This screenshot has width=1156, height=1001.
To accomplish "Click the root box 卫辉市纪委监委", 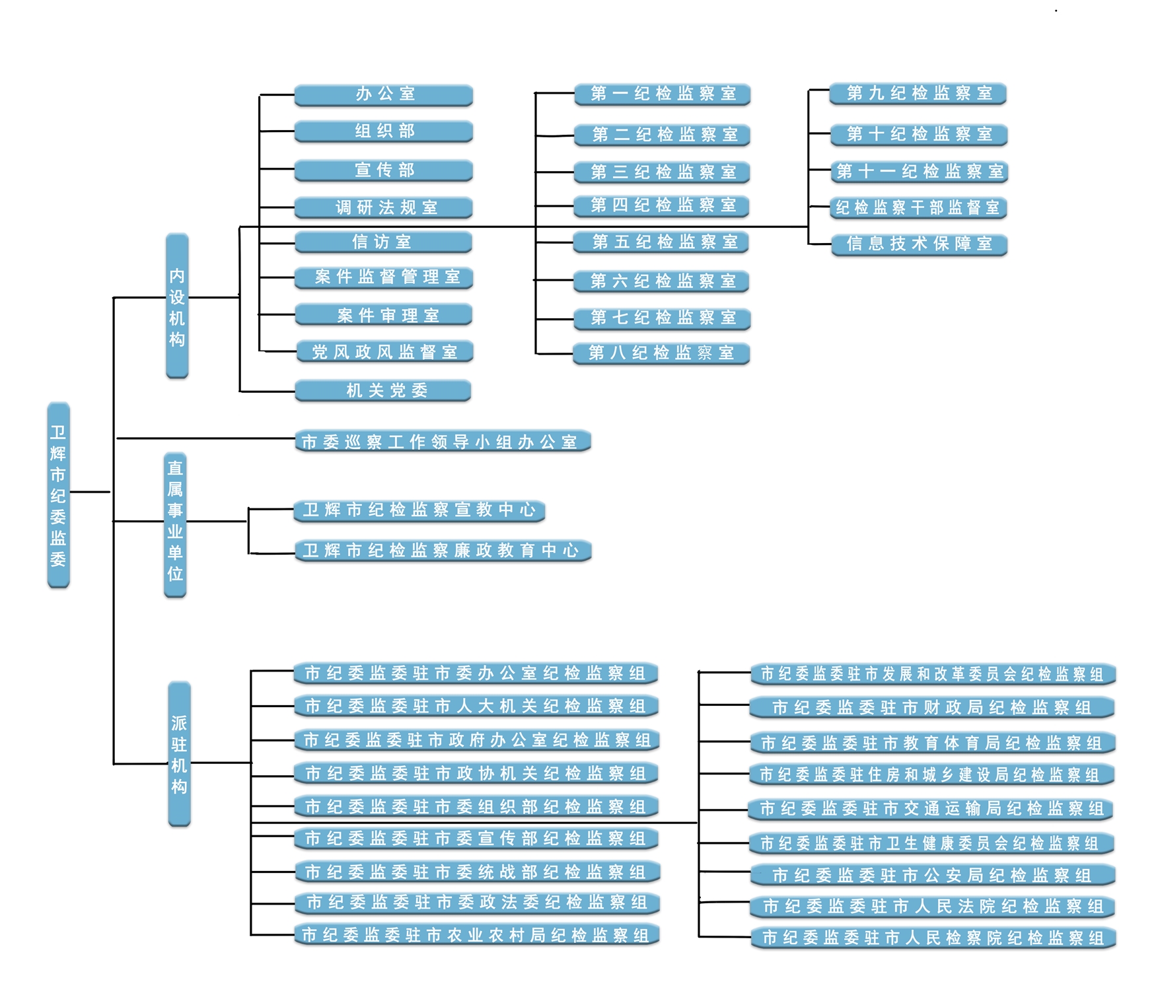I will coord(58,495).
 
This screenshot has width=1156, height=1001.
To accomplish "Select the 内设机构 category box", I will coord(177,306).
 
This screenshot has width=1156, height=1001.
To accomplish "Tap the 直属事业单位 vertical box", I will coord(175,524).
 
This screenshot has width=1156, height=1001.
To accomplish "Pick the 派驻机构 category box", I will coord(179,753).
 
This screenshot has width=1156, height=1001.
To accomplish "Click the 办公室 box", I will coord(384,94).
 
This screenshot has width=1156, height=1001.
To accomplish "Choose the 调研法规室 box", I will coord(384,208).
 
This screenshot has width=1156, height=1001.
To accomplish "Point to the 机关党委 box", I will coord(383,390).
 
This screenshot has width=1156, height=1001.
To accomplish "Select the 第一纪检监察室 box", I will coord(663,94).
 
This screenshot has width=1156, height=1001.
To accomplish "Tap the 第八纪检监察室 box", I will coord(661,353).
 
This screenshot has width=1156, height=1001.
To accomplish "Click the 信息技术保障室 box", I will coord(919,244).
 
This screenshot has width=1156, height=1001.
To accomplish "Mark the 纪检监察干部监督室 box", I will coord(918,208).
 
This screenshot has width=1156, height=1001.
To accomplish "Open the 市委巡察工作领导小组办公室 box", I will coord(443,442).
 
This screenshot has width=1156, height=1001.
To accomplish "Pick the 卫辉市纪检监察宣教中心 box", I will coord(419,510).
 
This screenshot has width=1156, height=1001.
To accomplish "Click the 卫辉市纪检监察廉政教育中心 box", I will coord(443,551).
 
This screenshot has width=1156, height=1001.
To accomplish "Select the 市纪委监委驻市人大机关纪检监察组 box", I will coord(476,706).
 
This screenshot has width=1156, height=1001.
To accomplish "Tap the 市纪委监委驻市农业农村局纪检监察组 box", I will coord(476,935).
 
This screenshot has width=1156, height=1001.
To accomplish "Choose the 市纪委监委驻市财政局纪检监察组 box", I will coord(932,708).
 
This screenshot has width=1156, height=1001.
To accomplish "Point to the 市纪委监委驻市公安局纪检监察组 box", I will coord(932,876).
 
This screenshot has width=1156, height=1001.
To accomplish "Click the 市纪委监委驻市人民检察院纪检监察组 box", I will coord(933,938).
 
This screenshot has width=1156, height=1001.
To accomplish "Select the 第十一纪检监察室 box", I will coord(919,172).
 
